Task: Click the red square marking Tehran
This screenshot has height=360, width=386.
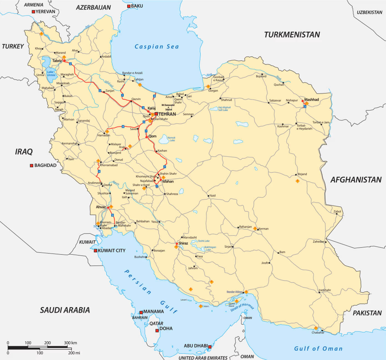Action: (x=156, y=114)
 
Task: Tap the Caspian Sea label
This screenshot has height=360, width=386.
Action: (x=157, y=47)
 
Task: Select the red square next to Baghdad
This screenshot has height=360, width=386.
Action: (x=32, y=165)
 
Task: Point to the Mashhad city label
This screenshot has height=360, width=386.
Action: (x=312, y=100)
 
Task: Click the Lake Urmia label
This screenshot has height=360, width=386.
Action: (x=51, y=74)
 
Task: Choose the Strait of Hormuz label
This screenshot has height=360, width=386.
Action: (x=242, y=307)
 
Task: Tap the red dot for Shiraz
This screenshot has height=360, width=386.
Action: (x=176, y=244)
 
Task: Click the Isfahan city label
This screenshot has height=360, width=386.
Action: (x=168, y=182)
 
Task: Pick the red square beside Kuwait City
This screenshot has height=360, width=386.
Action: (x=95, y=251)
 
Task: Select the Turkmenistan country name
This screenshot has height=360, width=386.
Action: (x=292, y=35)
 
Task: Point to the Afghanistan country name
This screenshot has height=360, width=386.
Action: (x=356, y=180)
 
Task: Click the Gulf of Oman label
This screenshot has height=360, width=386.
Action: (x=318, y=349)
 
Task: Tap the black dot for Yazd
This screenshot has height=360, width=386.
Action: (x=209, y=196)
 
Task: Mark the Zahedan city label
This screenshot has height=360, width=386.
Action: (x=318, y=241)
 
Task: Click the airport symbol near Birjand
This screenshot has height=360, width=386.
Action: (x=297, y=181)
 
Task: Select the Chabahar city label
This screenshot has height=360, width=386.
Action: (x=318, y=333)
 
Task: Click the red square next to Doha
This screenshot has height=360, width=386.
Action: (x=157, y=331)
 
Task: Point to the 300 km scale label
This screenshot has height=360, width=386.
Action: (x=70, y=343)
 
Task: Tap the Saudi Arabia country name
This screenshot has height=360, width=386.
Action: (x=65, y=310)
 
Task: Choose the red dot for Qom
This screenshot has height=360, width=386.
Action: (x=147, y=137)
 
